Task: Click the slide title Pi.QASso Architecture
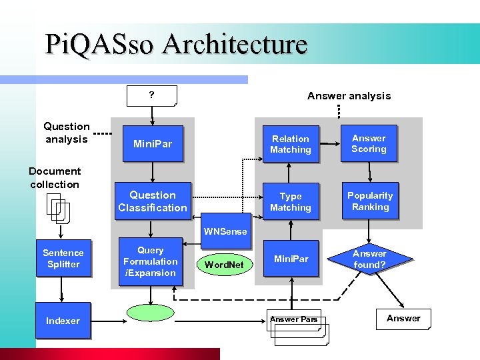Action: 176,44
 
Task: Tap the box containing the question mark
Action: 153,95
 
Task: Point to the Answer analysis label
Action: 349,96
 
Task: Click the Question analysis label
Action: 67,133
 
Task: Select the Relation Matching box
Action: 290,144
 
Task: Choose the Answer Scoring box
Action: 369,143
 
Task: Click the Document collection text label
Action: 55,178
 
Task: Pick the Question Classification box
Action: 153,201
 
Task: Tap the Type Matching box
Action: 290,201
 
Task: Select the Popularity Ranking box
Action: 370,201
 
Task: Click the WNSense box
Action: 225,231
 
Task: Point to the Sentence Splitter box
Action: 63,259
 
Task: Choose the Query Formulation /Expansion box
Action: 151,261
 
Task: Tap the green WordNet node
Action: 223,265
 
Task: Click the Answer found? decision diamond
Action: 369,259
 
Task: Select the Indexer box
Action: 63,321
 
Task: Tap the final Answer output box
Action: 403,319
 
